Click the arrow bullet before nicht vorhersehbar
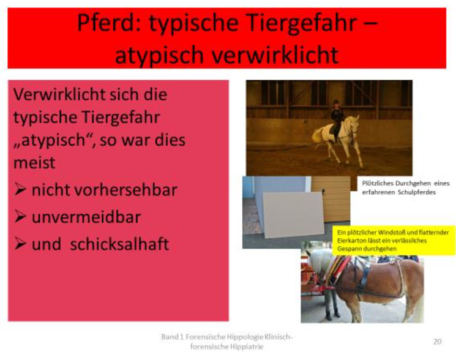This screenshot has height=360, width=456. click(x=20, y=190)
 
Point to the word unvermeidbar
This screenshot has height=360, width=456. click(x=86, y=217)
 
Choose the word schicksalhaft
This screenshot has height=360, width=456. click(x=119, y=244)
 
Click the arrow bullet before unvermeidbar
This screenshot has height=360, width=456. click(x=20, y=217)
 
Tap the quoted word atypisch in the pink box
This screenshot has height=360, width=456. click(x=53, y=141)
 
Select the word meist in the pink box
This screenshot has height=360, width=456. click(x=34, y=163)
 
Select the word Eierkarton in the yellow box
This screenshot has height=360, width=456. click(x=348, y=241)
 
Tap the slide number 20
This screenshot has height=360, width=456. click(x=437, y=342)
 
